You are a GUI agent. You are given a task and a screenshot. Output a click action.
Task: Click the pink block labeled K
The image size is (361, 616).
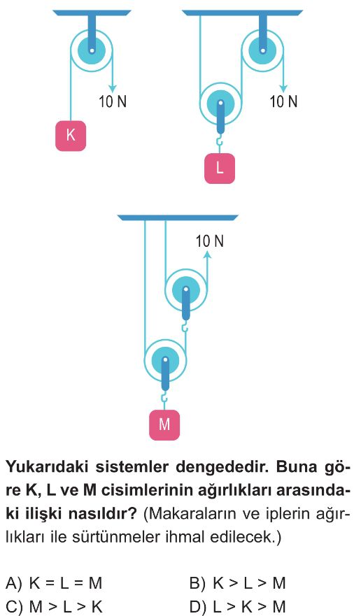coord(71,136)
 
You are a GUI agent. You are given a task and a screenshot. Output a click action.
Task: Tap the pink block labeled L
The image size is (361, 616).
coord(220,168)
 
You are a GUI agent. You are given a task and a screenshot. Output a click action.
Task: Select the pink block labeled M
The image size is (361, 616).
coord(164,425)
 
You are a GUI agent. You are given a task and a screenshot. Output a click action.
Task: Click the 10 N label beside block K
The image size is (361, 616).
coord(113,102)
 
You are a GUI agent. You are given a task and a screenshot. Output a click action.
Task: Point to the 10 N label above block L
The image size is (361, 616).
coord(283,102)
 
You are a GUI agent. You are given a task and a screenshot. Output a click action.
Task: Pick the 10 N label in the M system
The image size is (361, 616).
coord(210,241)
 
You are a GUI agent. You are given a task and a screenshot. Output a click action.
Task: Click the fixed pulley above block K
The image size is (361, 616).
coord(92,50)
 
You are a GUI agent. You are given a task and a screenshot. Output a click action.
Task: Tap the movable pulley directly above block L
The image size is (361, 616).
coord(220,104)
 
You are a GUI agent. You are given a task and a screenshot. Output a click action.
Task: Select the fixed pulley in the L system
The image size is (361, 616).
coord(262,50)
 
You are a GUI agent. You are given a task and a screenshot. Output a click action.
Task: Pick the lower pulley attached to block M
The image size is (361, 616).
coord(165,360)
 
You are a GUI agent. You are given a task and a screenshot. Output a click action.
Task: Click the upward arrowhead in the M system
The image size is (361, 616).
coord(207,255)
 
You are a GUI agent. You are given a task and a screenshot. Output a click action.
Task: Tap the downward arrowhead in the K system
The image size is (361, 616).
coord(113,87)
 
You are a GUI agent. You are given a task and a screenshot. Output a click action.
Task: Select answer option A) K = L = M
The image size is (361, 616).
coord(54,584)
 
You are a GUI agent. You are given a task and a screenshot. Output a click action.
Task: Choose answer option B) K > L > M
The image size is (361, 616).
coord(238,584)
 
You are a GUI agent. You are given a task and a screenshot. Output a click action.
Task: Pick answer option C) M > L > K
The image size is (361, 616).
coord(54,607)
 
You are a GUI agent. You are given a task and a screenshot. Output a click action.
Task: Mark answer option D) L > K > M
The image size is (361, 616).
coord(238,607)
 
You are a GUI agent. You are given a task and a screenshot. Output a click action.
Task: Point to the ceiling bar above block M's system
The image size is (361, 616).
coord(178,217)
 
